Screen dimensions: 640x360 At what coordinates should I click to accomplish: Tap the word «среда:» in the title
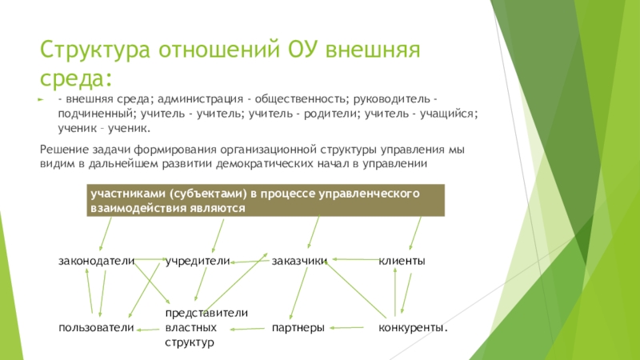[x=77, y=78]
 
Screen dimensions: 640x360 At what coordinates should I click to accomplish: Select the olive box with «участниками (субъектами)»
[x=266, y=200]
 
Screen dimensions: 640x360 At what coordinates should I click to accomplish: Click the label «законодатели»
[x=95, y=262]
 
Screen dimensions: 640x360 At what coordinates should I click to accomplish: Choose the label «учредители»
[x=198, y=262]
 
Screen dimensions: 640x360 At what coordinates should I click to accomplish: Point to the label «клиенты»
[x=402, y=262]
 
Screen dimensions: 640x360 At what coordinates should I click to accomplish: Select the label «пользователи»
[x=95, y=328]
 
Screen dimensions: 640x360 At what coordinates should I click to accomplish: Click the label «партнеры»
[x=298, y=328]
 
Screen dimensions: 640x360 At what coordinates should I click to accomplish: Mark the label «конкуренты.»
[x=412, y=328]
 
